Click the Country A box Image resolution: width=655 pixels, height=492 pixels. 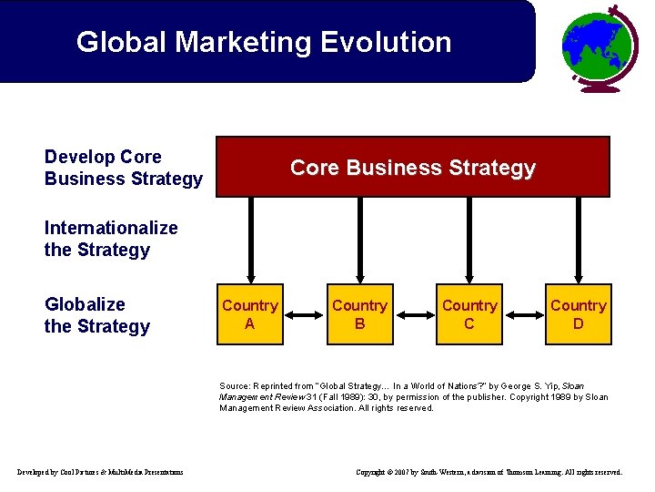(250, 314)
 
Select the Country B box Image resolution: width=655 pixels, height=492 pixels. (359, 314)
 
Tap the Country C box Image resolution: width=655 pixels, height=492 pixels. (469, 314)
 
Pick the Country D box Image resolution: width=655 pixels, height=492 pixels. (579, 314)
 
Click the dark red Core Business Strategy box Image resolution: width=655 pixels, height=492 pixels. (413, 168)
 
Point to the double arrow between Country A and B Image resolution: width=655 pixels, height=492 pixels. (305, 314)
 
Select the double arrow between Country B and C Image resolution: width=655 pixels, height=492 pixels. (414, 314)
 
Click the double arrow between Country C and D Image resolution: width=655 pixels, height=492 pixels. (524, 314)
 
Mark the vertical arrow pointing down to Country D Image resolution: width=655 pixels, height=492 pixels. (579, 241)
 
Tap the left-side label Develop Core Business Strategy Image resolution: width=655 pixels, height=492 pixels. (123, 168)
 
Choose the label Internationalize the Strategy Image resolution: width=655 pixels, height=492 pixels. (110, 239)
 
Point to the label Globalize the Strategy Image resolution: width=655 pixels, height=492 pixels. (96, 315)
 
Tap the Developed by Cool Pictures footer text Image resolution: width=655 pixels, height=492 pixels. (100, 472)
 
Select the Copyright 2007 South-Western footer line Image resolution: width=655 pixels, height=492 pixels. (489, 472)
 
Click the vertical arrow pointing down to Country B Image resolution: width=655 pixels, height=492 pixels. (359, 241)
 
